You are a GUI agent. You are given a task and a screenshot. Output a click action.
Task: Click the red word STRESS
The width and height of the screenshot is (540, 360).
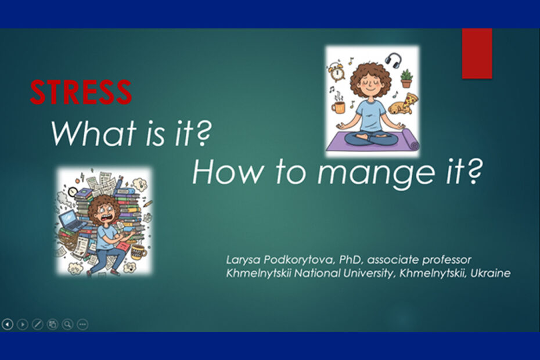tap(81, 92)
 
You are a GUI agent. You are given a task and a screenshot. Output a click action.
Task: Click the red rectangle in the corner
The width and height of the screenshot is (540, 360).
tap(477, 53)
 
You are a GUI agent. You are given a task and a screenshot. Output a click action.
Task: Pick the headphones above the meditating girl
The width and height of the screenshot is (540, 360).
tap(393, 60)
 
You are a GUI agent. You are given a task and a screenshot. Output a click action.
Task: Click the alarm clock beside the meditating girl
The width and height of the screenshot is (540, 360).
tap(336, 71)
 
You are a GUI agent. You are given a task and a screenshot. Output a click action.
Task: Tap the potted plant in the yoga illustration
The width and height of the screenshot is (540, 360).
tap(406, 78)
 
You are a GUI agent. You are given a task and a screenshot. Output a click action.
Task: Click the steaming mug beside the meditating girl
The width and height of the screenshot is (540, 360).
tap(338, 105)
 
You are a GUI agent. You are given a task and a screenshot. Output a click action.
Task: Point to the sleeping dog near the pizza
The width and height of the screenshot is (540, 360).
tap(399, 108)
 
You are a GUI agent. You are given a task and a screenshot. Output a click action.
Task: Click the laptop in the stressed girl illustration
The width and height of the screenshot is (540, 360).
tap(71, 220)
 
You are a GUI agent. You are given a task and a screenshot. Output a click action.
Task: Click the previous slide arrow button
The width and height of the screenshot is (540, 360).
tap(7, 324)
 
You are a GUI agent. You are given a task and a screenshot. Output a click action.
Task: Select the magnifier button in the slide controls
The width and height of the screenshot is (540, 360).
tap(67, 324)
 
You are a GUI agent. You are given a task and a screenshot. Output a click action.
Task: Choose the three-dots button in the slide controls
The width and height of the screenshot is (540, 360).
tap(82, 324)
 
